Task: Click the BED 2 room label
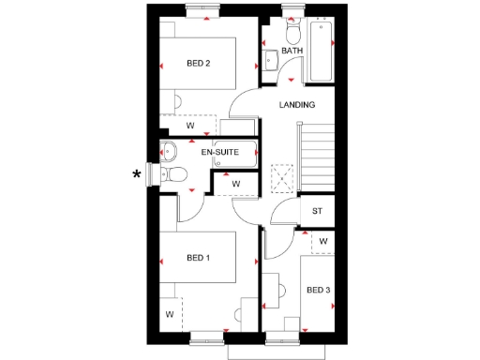tap(198, 64)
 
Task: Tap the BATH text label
tap(292, 51)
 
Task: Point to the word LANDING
tap(297, 105)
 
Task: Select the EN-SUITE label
tap(219, 152)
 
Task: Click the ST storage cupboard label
tap(317, 211)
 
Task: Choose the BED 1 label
tap(198, 257)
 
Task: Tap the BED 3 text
tap(318, 290)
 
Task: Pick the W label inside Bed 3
tap(322, 241)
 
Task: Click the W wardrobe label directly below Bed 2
tap(189, 125)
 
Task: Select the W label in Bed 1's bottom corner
tap(170, 314)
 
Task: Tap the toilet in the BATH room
tap(291, 21)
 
